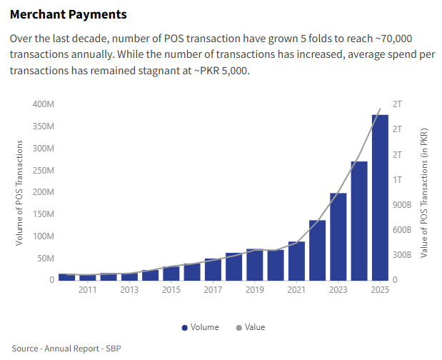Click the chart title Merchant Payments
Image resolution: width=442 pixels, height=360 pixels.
point(69,14)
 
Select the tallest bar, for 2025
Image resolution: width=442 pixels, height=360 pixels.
point(380,197)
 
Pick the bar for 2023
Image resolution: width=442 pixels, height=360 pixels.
point(338,236)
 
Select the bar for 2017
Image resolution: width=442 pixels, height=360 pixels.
point(213,269)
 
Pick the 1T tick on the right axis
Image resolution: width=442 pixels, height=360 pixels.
point(398,179)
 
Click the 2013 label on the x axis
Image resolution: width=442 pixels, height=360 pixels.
point(129,290)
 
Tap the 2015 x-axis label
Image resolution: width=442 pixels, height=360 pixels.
point(171,290)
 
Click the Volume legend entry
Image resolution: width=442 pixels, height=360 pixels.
point(200,327)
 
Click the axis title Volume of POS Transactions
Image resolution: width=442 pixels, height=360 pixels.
point(20,193)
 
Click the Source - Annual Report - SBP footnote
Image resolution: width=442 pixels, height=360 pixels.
point(66,348)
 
